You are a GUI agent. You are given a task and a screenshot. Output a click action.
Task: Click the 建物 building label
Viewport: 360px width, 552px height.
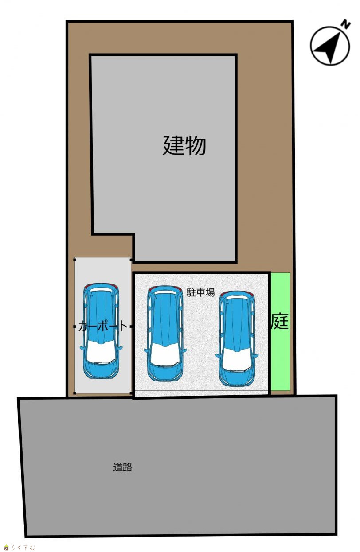[x=184, y=145]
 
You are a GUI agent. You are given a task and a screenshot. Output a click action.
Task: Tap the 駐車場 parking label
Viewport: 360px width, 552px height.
[x=200, y=292]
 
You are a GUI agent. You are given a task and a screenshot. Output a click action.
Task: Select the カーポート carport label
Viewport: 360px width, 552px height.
[x=102, y=327]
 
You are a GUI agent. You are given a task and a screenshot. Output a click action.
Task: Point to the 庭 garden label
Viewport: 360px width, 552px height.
[x=279, y=321]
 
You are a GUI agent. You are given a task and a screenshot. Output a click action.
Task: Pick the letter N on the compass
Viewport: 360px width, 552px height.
[x=346, y=25]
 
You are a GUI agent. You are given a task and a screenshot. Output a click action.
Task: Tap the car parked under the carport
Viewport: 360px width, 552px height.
[x=101, y=330]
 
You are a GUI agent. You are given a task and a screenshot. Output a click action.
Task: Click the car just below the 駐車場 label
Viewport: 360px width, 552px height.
[x=165, y=334]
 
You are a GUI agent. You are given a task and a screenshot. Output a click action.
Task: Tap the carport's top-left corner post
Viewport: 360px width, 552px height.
[x=75, y=259]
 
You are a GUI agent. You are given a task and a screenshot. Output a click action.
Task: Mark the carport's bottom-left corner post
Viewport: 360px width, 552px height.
[x=75, y=393]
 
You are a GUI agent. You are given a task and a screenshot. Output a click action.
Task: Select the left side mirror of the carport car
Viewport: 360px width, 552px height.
[x=82, y=348]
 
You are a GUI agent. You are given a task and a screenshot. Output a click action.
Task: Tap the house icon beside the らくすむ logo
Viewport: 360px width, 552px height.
[x=7, y=548]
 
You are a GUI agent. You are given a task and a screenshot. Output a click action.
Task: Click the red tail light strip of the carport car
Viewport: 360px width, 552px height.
[x=101, y=285]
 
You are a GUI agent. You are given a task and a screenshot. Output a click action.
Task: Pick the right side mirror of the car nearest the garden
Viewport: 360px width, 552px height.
[x=255, y=355]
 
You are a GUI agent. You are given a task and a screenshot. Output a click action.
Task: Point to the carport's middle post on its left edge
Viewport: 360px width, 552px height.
[x=75, y=327]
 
